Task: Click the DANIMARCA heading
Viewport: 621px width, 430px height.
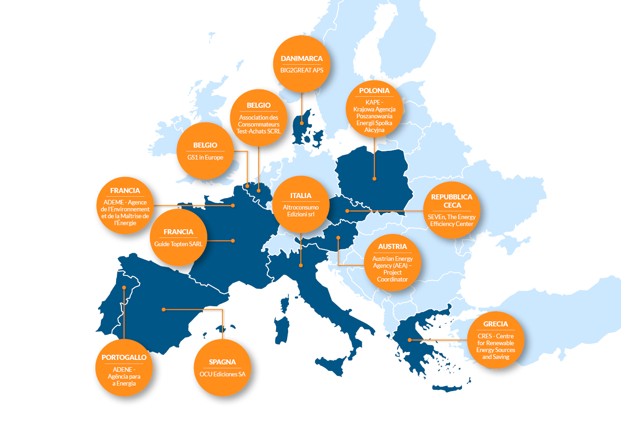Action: pyautogui.click(x=301, y=59)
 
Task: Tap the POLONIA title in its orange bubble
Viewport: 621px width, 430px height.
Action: pyautogui.click(x=374, y=91)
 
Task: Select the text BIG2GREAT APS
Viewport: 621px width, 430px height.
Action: pyautogui.click(x=301, y=70)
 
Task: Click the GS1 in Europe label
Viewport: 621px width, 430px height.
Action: pyautogui.click(x=205, y=157)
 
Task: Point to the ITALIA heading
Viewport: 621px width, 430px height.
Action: pyautogui.click(x=301, y=196)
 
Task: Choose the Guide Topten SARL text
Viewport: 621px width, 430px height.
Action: pyautogui.click(x=178, y=244)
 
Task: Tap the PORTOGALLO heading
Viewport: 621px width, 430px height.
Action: pyautogui.click(x=124, y=358)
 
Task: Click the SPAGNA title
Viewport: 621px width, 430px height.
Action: pyautogui.click(x=222, y=362)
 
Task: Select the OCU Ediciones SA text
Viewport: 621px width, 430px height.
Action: pyautogui.click(x=222, y=374)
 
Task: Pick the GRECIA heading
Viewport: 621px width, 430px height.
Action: pyautogui.click(x=495, y=324)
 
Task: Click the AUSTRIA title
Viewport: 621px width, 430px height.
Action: pyautogui.click(x=392, y=247)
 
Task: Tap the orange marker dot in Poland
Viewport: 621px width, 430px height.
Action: pyautogui.click(x=374, y=179)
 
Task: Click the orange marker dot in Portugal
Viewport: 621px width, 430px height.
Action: pyautogui.click(x=124, y=287)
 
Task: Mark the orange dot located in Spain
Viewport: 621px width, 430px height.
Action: pyautogui.click(x=164, y=309)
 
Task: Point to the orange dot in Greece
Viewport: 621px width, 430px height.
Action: pyautogui.click(x=410, y=340)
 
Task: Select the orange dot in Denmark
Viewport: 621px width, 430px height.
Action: pyautogui.click(x=301, y=123)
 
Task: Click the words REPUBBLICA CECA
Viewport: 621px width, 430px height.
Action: pyautogui.click(x=452, y=201)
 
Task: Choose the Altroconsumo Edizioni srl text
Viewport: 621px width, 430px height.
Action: pyautogui.click(x=301, y=211)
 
